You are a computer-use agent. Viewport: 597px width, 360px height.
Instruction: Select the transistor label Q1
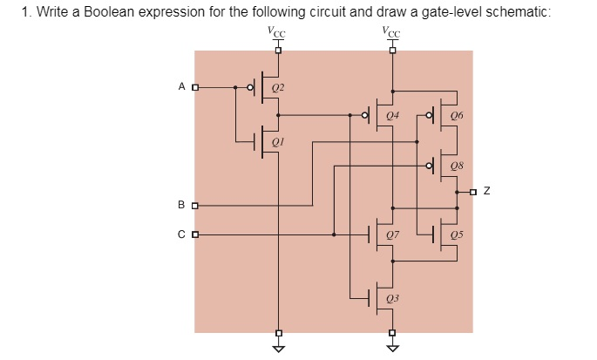pos(277,140)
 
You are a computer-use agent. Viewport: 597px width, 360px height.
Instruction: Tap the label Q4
pos(392,115)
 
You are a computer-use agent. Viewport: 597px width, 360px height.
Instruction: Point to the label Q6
pos(458,115)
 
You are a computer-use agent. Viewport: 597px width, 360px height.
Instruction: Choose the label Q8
pos(458,166)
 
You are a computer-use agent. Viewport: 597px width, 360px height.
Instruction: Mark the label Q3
pos(392,298)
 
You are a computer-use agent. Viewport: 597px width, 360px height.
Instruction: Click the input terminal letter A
pos(181,87)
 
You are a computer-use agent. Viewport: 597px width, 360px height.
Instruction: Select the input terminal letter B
pos(181,206)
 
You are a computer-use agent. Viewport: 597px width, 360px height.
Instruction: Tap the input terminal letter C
pos(181,234)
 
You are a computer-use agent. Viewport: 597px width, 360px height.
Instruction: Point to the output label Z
pos(487,190)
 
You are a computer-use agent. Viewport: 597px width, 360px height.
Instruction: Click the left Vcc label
pos(277,32)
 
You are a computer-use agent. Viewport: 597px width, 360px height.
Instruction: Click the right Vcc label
pos(391,32)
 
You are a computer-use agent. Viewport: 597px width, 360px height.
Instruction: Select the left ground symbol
pos(278,348)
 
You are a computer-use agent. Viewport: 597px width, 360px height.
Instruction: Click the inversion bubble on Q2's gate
pos(251,87)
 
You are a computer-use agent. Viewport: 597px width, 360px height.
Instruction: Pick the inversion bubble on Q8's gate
pos(429,166)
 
